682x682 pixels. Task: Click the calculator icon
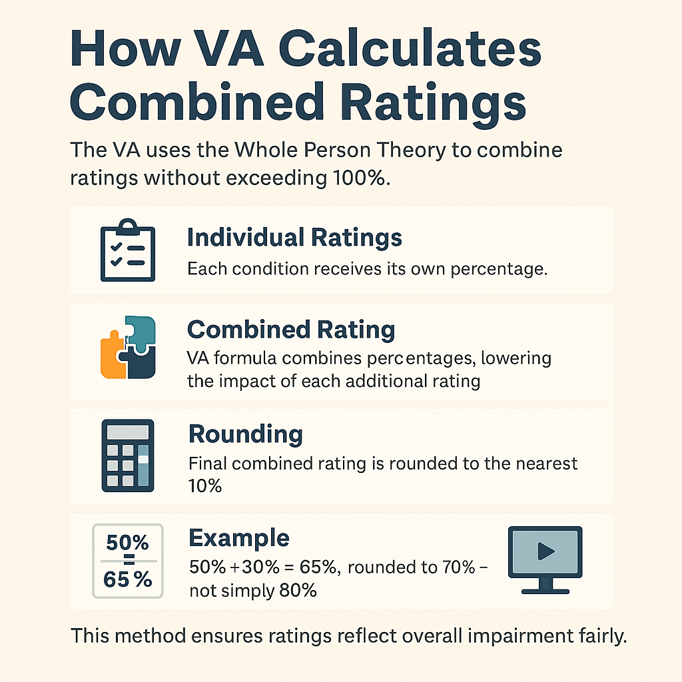pyautogui.click(x=127, y=455)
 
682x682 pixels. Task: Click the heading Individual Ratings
pyautogui.click(x=294, y=237)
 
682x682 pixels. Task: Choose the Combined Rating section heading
pyautogui.click(x=291, y=330)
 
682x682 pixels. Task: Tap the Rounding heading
pyautogui.click(x=246, y=434)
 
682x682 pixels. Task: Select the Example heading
pyautogui.click(x=239, y=537)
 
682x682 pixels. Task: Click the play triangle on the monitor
pyautogui.click(x=546, y=551)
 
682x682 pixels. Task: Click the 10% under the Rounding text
pyautogui.click(x=204, y=486)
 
